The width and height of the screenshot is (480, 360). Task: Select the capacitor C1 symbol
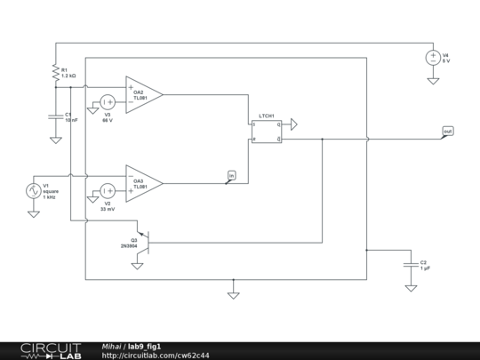(55, 117)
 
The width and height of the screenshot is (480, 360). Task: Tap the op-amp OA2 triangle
(143, 93)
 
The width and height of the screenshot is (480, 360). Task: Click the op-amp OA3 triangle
(143, 183)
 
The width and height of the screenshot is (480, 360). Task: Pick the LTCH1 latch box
(266, 132)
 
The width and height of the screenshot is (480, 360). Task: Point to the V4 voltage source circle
(433, 59)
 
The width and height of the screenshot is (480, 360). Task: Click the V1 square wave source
(33, 190)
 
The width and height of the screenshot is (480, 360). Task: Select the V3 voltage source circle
(107, 102)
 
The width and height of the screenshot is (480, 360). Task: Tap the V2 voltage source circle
(107, 190)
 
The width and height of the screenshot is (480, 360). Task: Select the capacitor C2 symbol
(410, 264)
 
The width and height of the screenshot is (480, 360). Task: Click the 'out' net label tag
(447, 132)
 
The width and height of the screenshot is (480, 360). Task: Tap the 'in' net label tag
(232, 175)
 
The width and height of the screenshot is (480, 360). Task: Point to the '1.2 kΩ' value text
(68, 76)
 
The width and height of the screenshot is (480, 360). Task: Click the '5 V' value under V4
(447, 61)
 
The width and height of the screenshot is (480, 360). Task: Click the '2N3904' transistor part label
(129, 245)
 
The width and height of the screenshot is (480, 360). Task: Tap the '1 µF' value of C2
(426, 268)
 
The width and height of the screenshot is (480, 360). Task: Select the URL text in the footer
(156, 355)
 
